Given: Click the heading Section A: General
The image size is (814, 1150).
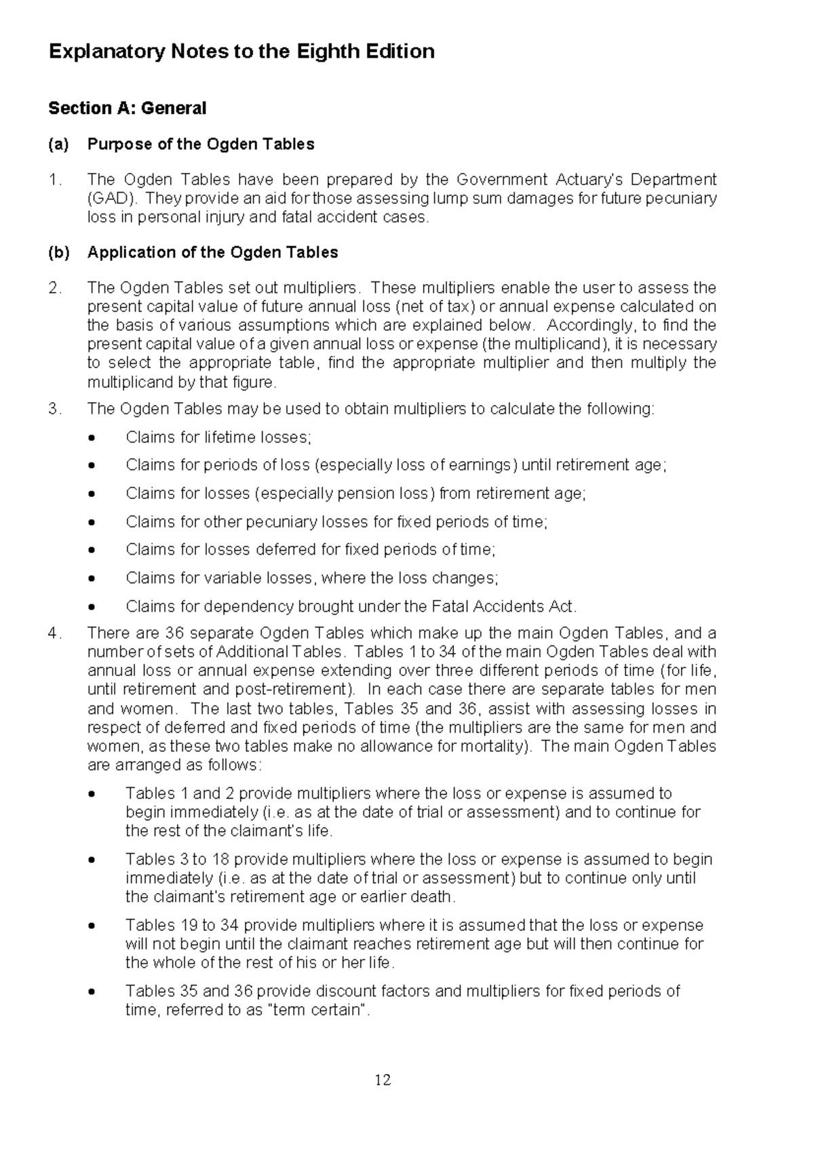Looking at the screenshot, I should (x=128, y=108).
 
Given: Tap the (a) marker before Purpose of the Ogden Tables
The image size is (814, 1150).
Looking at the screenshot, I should (x=58, y=144).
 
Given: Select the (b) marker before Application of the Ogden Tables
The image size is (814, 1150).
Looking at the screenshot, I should (x=58, y=252).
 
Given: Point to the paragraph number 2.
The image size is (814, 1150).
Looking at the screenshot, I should (x=55, y=287).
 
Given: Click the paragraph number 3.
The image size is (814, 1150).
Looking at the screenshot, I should (x=55, y=409).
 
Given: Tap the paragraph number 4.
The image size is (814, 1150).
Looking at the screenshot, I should (x=55, y=633).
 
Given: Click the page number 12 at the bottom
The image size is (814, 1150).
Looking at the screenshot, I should (x=383, y=1080).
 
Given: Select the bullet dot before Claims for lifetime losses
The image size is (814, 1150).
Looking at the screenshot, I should (x=93, y=438).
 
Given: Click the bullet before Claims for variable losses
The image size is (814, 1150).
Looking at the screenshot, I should (x=93, y=579).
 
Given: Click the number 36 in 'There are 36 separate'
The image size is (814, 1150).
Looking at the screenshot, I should (x=174, y=633).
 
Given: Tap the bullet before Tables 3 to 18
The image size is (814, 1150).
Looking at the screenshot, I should (x=93, y=860).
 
